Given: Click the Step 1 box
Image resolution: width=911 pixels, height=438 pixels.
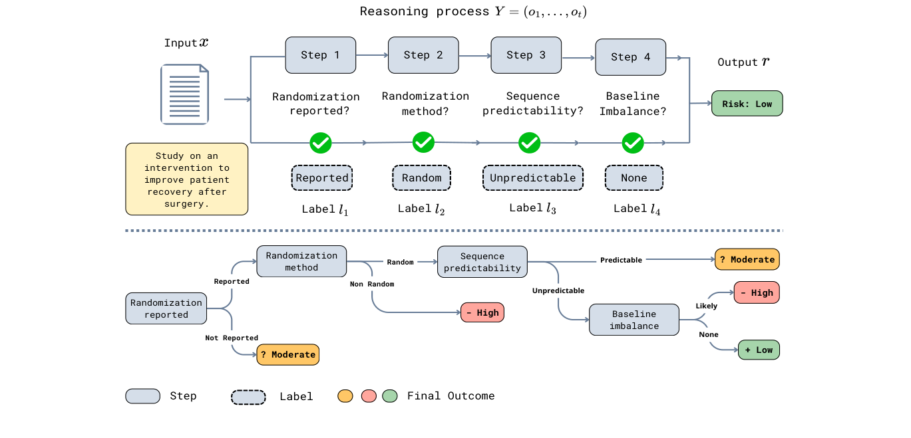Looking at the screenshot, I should click(320, 55).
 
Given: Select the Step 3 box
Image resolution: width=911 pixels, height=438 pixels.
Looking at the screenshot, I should click(526, 55).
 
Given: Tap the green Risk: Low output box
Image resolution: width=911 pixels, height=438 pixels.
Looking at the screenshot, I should click(747, 104).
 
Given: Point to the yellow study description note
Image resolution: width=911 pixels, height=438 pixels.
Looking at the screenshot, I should click(186, 179).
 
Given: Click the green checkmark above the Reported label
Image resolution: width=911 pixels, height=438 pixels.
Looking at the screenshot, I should click(321, 142).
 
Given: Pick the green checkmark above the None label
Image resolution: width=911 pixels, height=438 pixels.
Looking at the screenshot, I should click(632, 142).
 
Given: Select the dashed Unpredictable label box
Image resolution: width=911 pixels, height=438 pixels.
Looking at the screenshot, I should click(532, 178).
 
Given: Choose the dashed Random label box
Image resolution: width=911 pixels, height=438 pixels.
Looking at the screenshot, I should click(421, 178).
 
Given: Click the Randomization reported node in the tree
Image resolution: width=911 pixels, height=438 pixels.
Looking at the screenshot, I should click(166, 309).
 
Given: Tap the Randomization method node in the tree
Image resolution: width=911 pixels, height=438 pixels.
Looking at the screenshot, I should click(301, 261).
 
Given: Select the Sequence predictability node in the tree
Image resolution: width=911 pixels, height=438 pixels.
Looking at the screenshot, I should click(482, 262).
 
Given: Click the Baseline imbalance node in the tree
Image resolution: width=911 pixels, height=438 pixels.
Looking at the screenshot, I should click(634, 320).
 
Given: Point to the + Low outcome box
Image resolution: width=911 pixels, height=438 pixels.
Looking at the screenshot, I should click(758, 350).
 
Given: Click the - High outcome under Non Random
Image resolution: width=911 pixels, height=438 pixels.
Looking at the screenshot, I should click(482, 312).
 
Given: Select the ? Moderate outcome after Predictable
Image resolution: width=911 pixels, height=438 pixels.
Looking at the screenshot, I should click(747, 259).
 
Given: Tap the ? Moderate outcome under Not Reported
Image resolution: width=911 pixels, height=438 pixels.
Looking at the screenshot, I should click(288, 354).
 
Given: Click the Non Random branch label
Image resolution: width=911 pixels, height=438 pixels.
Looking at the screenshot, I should click(372, 284).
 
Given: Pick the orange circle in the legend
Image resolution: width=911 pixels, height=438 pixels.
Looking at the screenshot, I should click(345, 396).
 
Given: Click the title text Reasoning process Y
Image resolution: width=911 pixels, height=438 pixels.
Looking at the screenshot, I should click(472, 11).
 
